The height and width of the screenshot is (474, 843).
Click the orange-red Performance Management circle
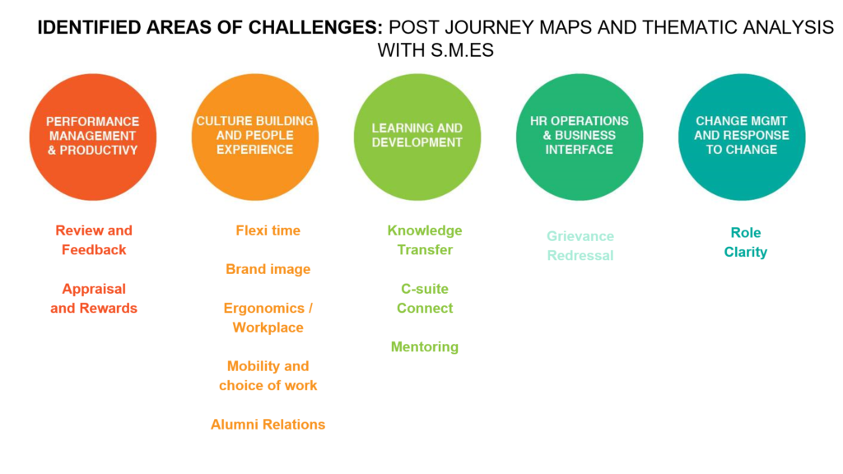93,137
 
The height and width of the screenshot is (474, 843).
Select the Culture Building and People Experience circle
255,137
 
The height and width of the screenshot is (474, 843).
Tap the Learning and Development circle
417,137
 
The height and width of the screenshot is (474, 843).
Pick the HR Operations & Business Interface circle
580,137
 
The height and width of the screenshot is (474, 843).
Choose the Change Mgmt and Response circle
742,137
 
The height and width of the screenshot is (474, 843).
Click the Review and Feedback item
94,240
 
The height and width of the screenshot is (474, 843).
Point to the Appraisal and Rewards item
94,298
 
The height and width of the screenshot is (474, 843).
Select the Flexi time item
268,230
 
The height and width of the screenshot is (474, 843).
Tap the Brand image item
268,269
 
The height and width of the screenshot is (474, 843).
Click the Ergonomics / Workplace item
268,318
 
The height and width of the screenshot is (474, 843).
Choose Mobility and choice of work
268,375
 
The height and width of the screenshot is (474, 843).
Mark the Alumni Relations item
268,425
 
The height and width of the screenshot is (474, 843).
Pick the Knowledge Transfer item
425,240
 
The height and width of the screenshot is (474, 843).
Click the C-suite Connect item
425,298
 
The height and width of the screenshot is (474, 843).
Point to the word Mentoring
425,347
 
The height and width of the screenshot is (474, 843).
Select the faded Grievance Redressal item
580,245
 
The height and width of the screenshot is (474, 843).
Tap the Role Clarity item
746,243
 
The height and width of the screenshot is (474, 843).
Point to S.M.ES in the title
463,50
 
